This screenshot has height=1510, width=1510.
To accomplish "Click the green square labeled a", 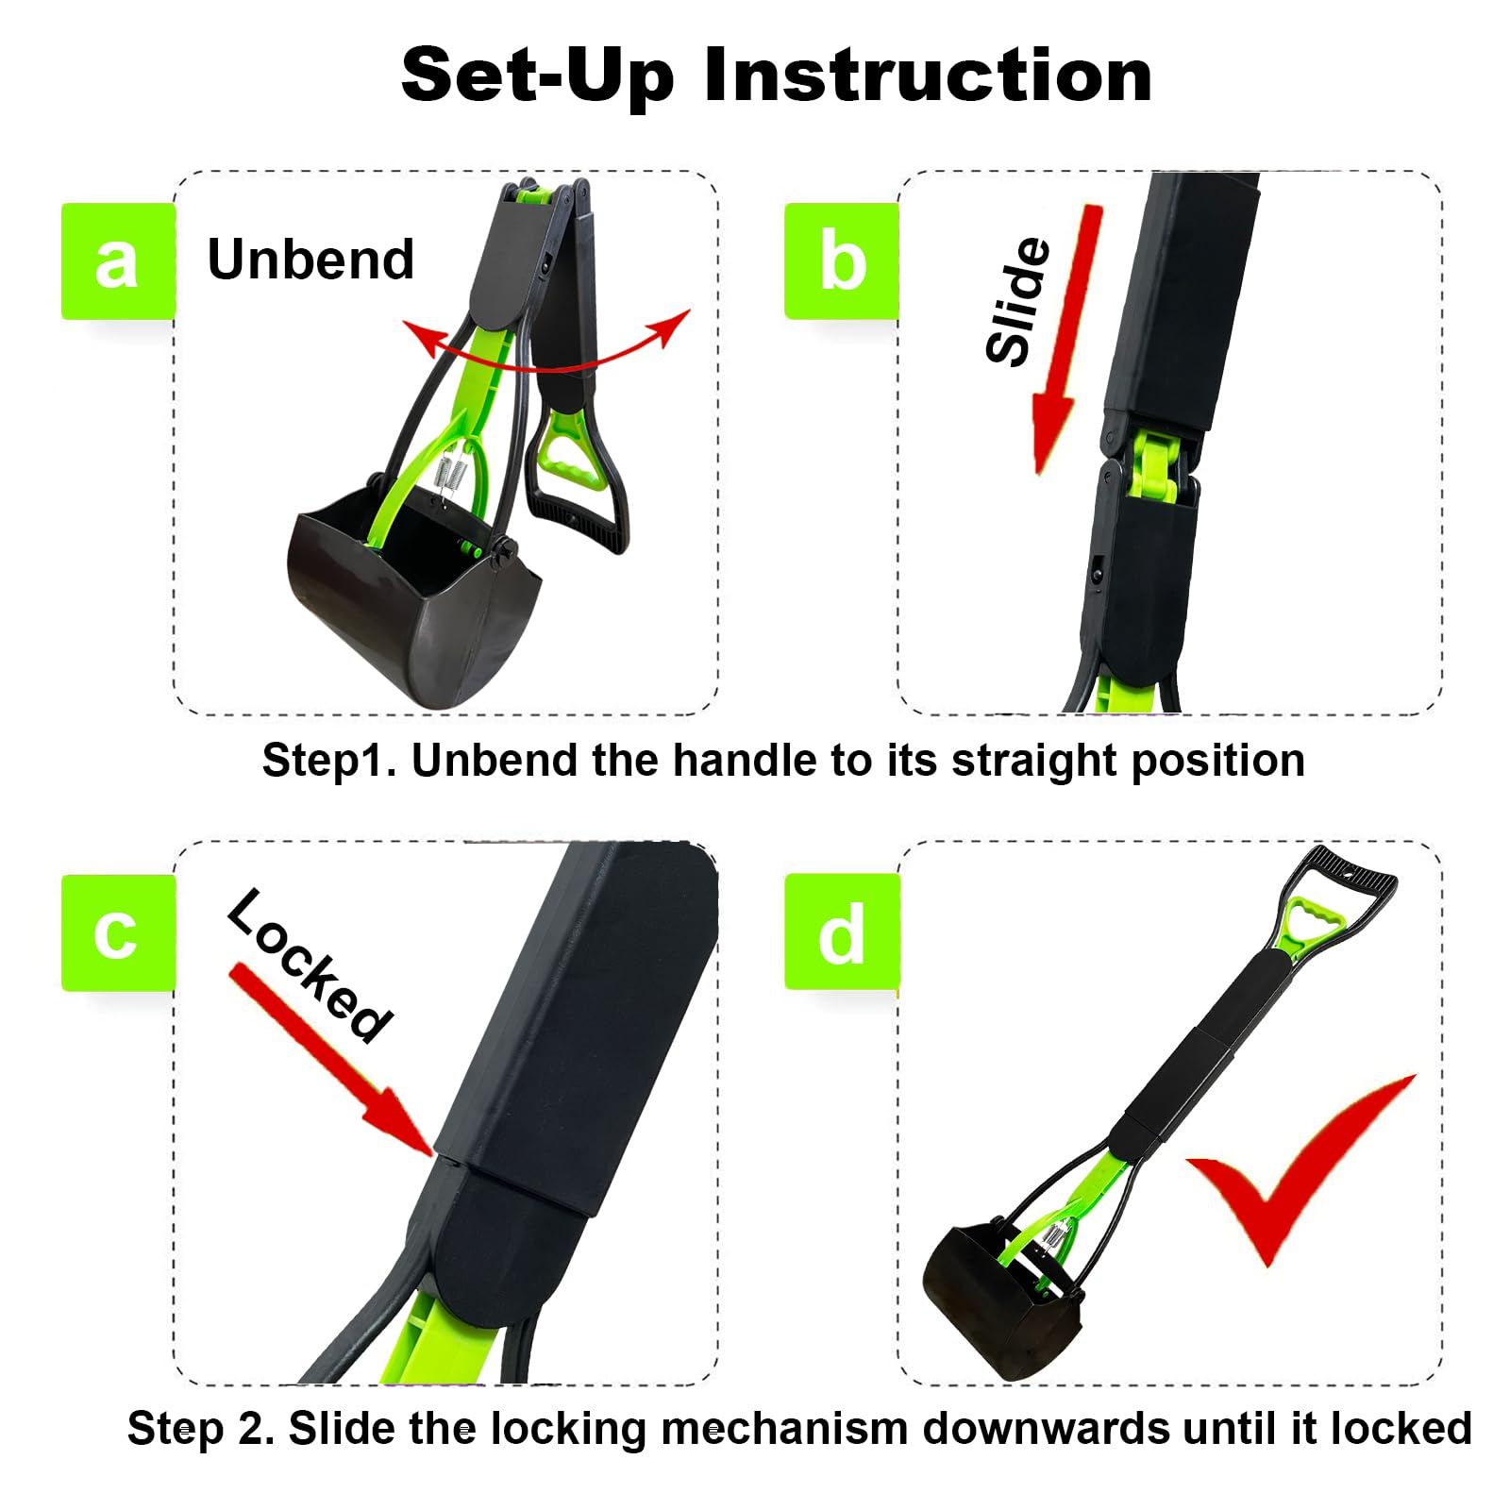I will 118,261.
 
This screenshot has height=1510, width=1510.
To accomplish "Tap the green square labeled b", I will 841,261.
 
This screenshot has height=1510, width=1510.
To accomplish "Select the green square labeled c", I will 118,932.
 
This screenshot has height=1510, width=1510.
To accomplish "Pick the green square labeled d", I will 841,932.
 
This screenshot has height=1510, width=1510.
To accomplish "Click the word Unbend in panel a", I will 310,260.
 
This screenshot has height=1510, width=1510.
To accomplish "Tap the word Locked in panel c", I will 310,965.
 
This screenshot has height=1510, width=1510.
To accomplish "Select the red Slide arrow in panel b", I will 1066,340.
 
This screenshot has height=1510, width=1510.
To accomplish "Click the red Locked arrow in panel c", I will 330,1057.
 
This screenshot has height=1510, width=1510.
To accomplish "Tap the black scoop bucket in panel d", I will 1000,1293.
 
